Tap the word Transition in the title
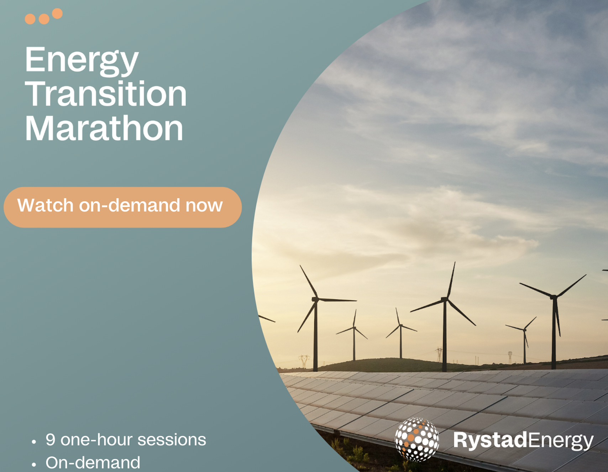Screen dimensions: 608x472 [106, 94]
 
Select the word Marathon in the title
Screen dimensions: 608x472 [104, 128]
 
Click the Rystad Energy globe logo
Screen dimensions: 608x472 [417, 440]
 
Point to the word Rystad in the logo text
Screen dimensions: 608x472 [490, 440]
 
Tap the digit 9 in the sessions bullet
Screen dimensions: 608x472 [51, 440]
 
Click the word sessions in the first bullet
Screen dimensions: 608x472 [172, 440]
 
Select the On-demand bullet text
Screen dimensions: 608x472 [93, 463]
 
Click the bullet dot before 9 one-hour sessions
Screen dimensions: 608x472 [34, 442]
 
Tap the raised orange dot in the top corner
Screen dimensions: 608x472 [57, 14]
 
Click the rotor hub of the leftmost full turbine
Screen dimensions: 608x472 [315, 299]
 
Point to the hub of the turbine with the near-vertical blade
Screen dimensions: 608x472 [445, 299]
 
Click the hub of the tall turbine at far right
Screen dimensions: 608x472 [554, 297]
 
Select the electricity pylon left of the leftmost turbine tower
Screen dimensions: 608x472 [304, 361]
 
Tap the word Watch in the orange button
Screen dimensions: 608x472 [45, 205]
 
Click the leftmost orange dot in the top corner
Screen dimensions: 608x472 [30, 19]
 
